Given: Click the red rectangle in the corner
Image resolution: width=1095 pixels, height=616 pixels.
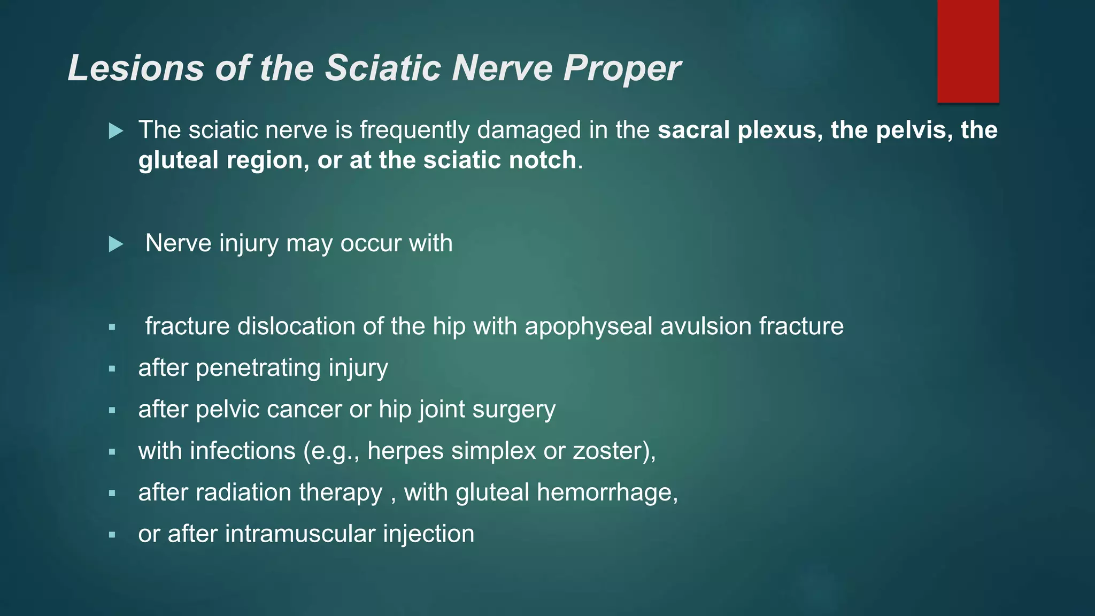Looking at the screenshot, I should coord(968,51).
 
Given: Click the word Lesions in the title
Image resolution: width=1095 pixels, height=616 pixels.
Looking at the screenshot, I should coord(136,68).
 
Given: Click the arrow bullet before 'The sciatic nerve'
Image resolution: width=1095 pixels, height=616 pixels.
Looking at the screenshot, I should coord(116,130).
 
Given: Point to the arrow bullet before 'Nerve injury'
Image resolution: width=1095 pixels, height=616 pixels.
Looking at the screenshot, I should coord(116,244).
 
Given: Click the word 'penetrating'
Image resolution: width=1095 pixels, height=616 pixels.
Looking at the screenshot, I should coord(258,368).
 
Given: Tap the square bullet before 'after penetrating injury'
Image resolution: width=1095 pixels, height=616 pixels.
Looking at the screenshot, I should coord(112,368).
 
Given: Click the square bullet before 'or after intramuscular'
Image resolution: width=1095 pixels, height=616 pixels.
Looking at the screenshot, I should coord(112,534).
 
